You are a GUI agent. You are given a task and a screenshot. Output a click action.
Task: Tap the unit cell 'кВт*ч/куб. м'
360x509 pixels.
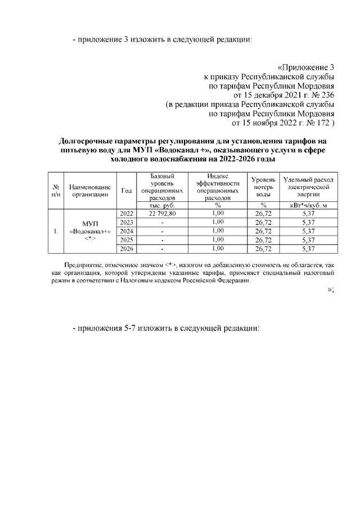click(308, 205)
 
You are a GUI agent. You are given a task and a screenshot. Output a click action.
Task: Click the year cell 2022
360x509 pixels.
click(127, 214)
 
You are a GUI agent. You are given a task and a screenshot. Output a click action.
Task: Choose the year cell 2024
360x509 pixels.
click(127, 231)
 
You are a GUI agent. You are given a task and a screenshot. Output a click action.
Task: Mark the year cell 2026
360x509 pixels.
click(127, 249)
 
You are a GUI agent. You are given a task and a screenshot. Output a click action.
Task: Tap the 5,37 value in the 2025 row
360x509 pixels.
click(308, 240)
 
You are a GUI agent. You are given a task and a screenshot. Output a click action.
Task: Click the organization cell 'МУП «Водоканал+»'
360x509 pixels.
click(89, 231)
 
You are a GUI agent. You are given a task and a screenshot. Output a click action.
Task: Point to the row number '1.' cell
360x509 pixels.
click(55, 231)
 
